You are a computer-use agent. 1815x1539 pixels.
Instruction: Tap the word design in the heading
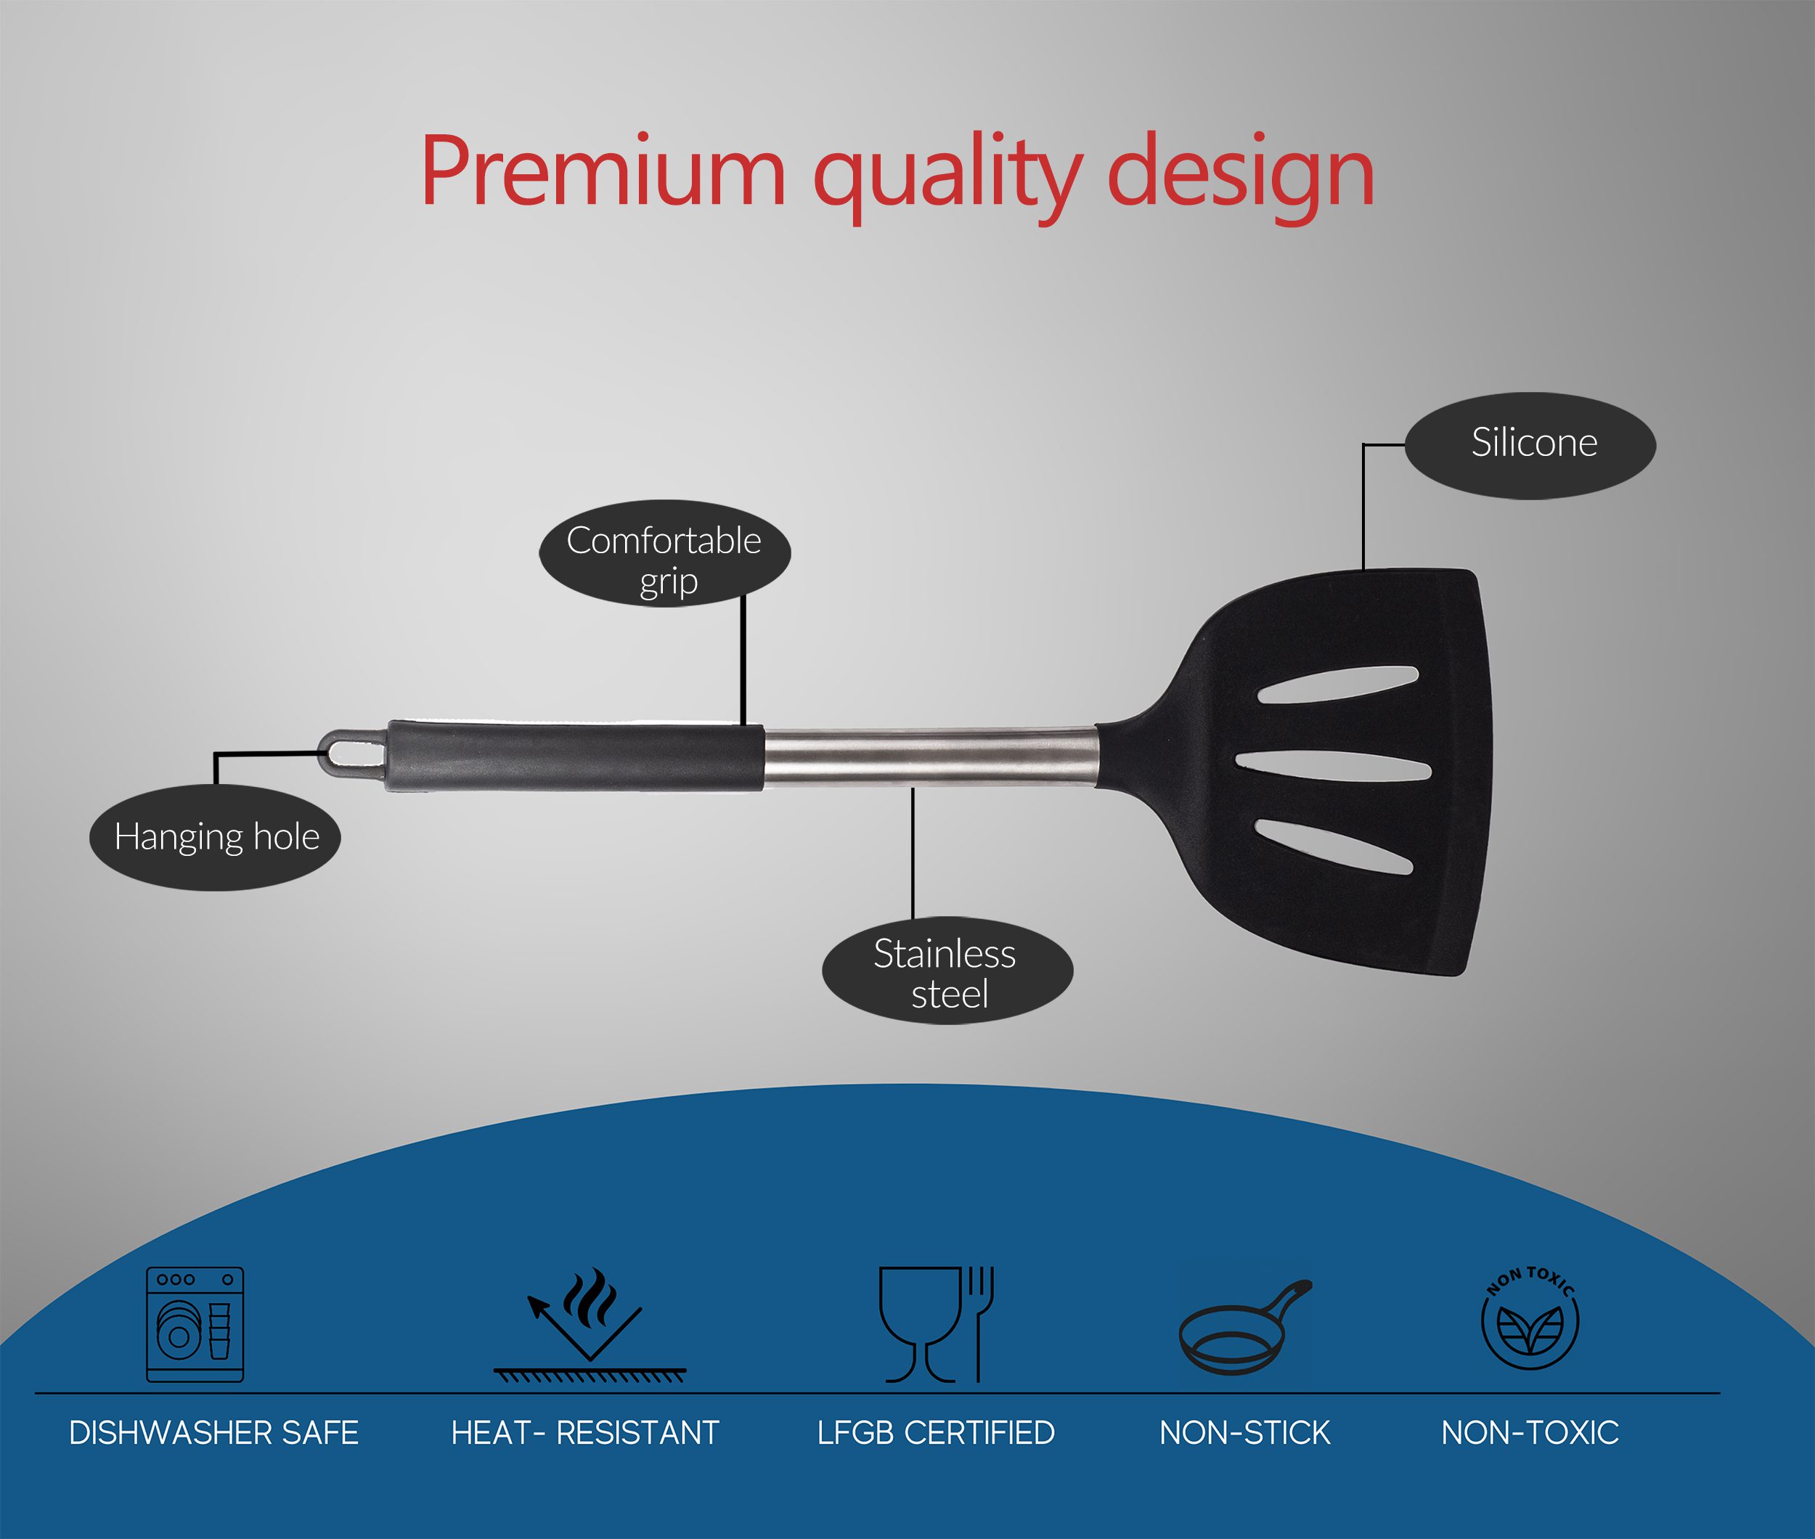point(1241,179)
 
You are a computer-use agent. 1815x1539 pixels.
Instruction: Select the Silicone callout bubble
point(1530,445)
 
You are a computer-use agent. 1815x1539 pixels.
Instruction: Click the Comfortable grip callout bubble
point(665,554)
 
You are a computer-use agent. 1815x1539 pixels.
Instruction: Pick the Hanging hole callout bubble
point(216,837)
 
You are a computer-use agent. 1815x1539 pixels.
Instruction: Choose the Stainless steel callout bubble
point(947,970)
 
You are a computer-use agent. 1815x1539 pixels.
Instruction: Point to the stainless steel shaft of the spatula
point(930,756)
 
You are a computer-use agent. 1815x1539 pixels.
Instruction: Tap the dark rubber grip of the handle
point(576,756)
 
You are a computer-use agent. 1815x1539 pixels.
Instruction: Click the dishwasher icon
point(195,1324)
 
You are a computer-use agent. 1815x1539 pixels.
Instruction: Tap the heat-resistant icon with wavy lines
point(590,1326)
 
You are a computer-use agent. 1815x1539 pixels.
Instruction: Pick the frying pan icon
point(1245,1327)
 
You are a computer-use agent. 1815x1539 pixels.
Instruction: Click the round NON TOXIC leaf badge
point(1530,1318)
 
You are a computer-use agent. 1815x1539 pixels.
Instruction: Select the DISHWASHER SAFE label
point(213,1432)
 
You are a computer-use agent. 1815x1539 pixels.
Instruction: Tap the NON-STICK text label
point(1245,1432)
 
